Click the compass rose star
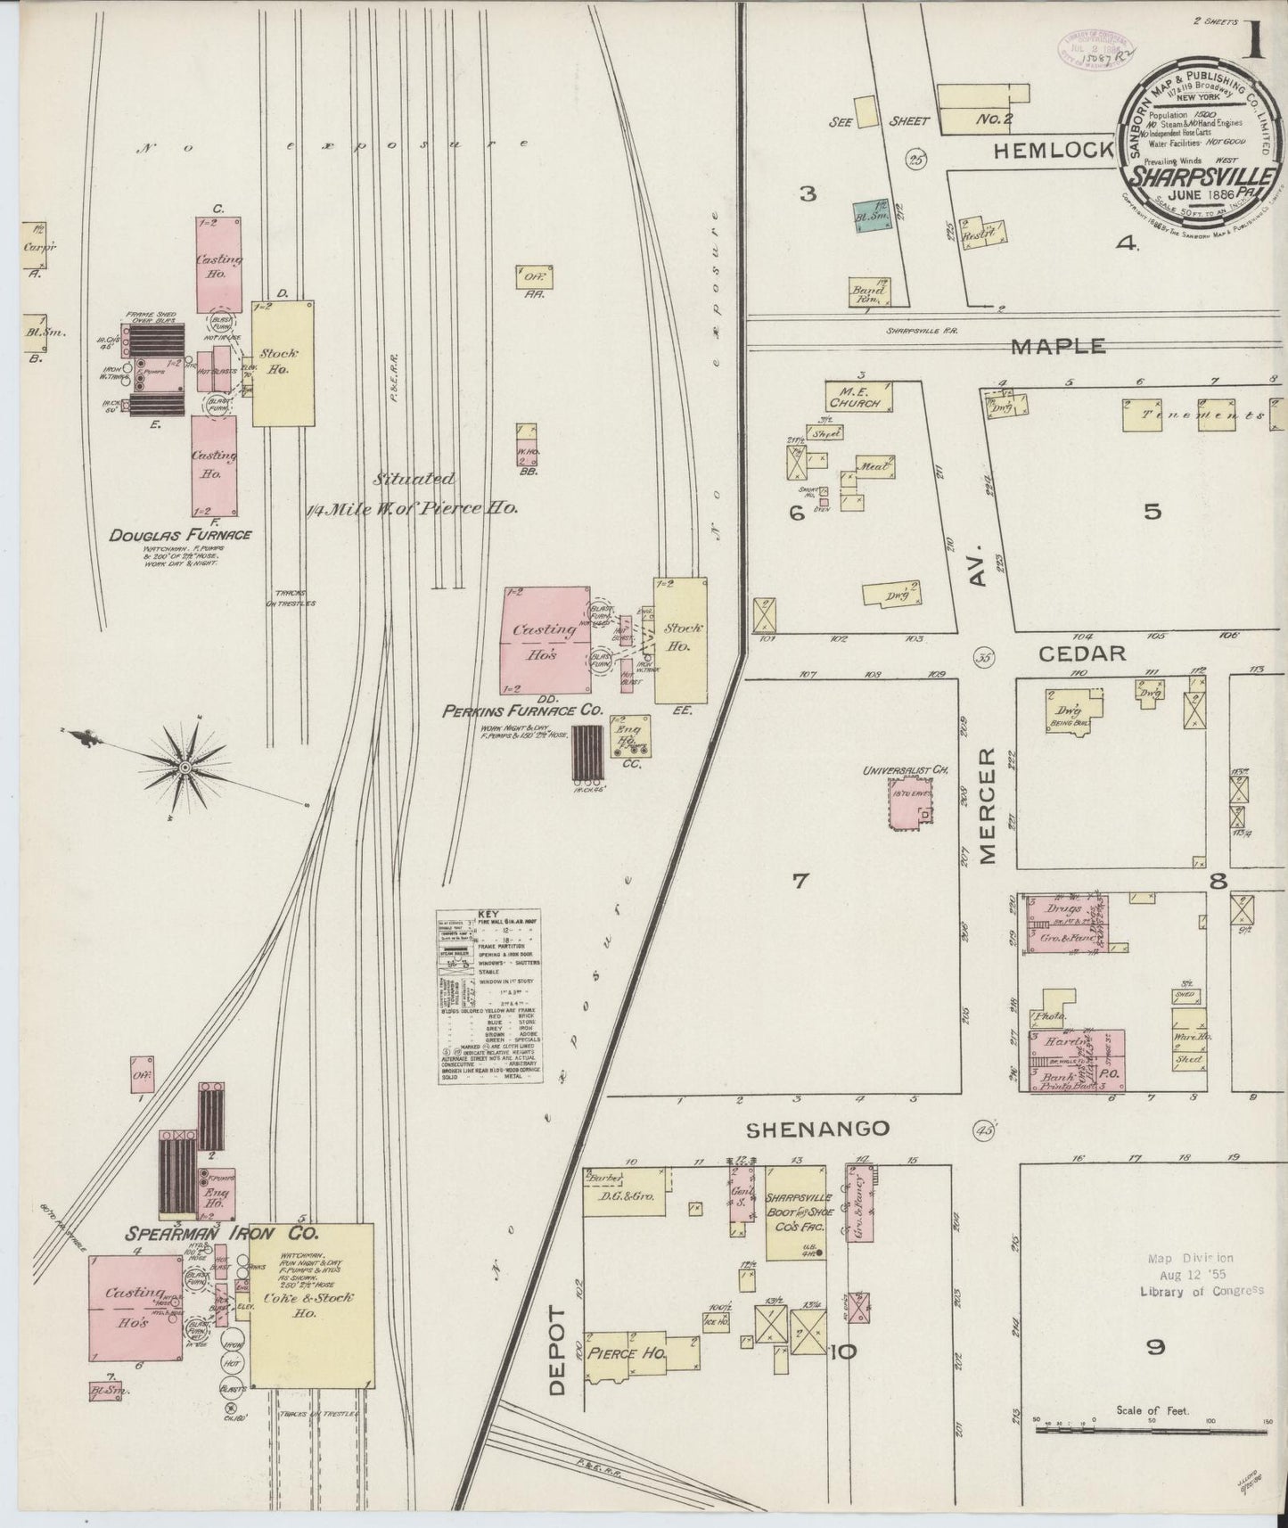[185, 767]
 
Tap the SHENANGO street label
[817, 1129]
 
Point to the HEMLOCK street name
[1054, 151]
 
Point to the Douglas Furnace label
[180, 535]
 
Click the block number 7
[800, 881]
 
